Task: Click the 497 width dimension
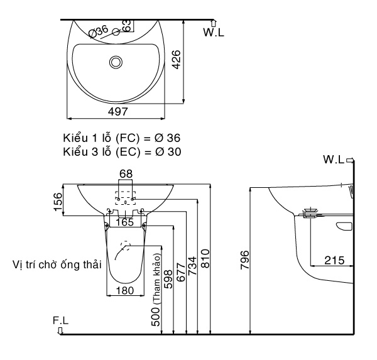(x=117, y=111)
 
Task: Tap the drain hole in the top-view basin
(x=116, y=62)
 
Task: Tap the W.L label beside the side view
(x=334, y=160)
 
